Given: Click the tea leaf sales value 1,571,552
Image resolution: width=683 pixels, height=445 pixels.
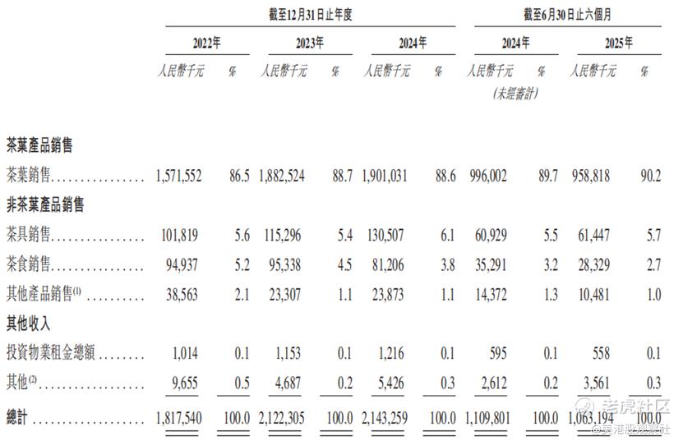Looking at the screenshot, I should [x=178, y=177].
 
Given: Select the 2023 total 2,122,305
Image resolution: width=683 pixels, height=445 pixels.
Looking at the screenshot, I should [x=283, y=418].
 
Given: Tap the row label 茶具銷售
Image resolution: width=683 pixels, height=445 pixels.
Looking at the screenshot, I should [x=29, y=236].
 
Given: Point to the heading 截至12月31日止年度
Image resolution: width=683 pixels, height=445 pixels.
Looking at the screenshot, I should [x=308, y=14].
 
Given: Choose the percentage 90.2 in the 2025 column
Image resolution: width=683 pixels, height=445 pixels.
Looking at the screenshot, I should [x=648, y=177].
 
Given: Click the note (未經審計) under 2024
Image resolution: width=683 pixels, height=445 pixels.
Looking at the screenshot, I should [x=515, y=94].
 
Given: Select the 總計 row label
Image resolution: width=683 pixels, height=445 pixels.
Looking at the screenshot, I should [x=17, y=418].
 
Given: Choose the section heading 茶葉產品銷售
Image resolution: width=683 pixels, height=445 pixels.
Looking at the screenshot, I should [x=39, y=145].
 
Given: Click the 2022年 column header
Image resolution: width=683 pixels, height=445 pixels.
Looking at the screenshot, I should [x=206, y=43].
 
